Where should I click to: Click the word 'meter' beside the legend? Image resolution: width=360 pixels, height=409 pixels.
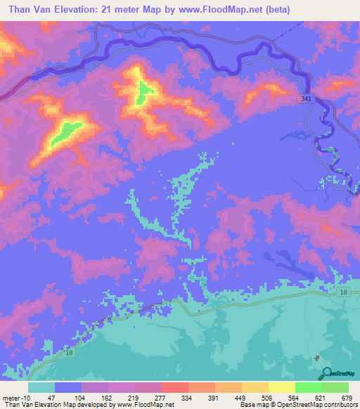[11, 398]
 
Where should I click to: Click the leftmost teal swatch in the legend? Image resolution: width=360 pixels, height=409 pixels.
[41, 387]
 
